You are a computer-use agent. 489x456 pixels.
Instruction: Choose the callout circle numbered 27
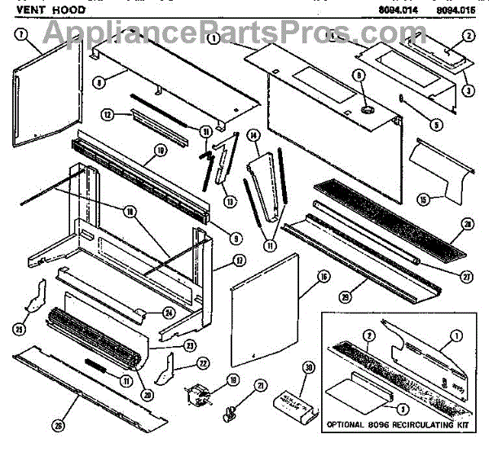(x=467, y=277)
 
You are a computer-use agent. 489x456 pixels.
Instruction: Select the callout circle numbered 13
(x=227, y=201)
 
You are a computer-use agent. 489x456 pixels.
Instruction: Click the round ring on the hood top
(x=364, y=107)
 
